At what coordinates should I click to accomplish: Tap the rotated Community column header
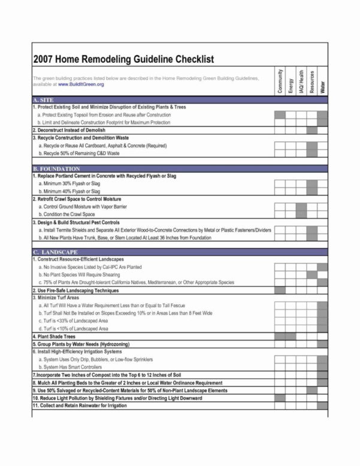[x=280, y=80]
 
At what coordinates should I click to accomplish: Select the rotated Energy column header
[x=291, y=83]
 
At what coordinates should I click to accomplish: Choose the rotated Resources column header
[x=312, y=81]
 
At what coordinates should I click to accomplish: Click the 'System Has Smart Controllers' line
[x=71, y=366]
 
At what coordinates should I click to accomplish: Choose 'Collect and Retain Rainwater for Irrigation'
[x=81, y=405]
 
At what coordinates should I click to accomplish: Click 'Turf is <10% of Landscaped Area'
[x=74, y=329]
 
